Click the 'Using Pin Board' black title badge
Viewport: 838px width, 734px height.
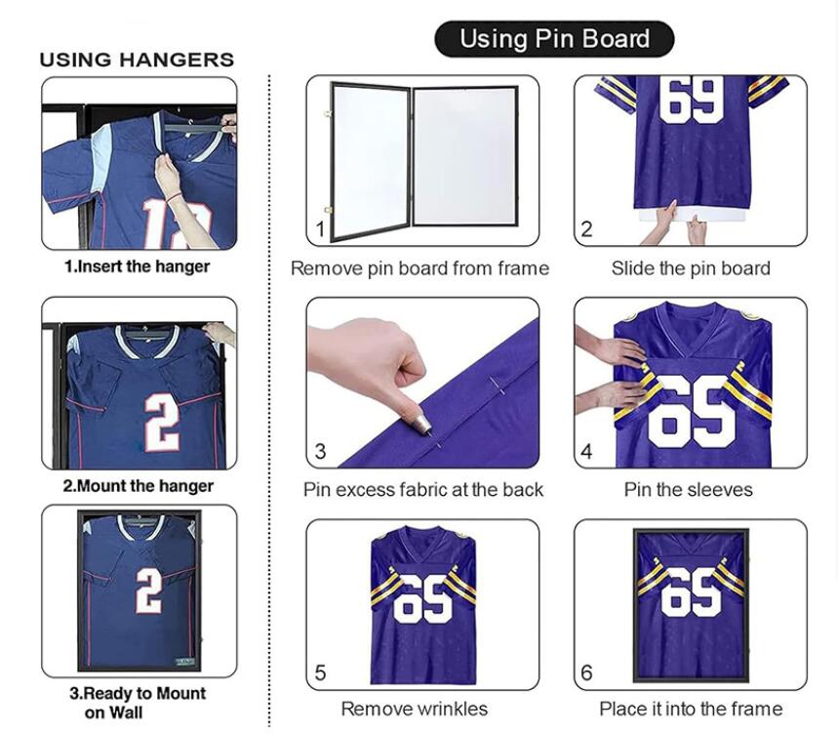coord(554,39)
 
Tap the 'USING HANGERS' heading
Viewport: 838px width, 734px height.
coord(137,60)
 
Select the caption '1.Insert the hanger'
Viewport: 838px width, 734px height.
coord(137,266)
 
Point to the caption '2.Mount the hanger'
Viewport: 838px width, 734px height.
coord(138,486)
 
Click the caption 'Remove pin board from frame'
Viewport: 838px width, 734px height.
coord(419,268)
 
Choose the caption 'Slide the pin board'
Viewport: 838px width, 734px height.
coord(691,268)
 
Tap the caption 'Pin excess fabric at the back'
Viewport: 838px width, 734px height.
coord(422,490)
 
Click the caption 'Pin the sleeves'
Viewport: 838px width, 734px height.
coord(688,490)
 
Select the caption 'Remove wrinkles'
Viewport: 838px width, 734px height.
coord(415,709)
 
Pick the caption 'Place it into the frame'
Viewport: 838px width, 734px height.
coord(691,709)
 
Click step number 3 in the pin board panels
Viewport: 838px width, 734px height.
coord(320,452)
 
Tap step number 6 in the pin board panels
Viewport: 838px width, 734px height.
coord(586,673)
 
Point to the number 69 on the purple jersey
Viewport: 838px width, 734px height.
coord(691,100)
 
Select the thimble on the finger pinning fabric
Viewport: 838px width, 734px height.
coord(422,425)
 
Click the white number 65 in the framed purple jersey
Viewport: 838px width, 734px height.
coord(691,591)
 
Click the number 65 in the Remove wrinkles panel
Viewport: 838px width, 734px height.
coord(422,598)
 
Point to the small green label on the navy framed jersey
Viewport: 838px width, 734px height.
coord(185,662)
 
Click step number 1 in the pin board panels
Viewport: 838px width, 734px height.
coord(320,230)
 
